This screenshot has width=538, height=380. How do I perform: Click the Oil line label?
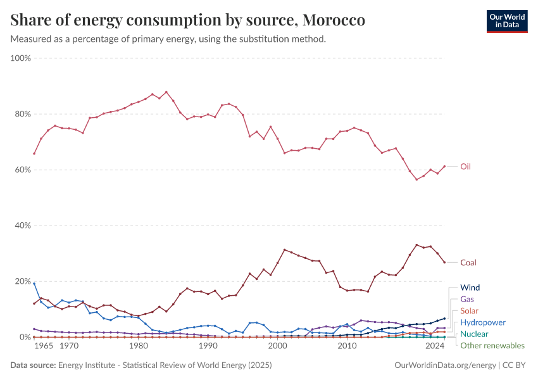click(x=465, y=167)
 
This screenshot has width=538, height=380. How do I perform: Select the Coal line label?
click(x=468, y=262)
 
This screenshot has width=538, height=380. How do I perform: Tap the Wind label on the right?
click(x=470, y=287)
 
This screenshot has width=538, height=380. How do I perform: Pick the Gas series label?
click(x=467, y=299)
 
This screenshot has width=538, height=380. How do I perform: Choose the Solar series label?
click(x=470, y=310)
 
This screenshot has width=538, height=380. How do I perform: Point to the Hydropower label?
click(x=483, y=322)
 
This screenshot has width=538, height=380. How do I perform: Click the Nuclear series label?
click(x=474, y=334)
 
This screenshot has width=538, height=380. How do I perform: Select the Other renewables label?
click(x=492, y=346)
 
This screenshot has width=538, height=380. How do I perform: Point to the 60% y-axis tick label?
click(x=23, y=170)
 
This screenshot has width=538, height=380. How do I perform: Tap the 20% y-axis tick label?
click(x=23, y=281)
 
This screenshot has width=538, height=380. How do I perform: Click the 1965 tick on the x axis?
click(x=44, y=347)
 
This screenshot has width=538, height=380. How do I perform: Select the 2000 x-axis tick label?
click(x=277, y=347)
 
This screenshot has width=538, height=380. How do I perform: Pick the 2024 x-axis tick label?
click(x=435, y=347)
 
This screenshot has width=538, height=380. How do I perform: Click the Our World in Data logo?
click(x=506, y=21)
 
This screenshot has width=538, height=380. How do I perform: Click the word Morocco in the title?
click(x=333, y=20)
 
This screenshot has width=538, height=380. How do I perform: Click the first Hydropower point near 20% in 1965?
click(x=34, y=284)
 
